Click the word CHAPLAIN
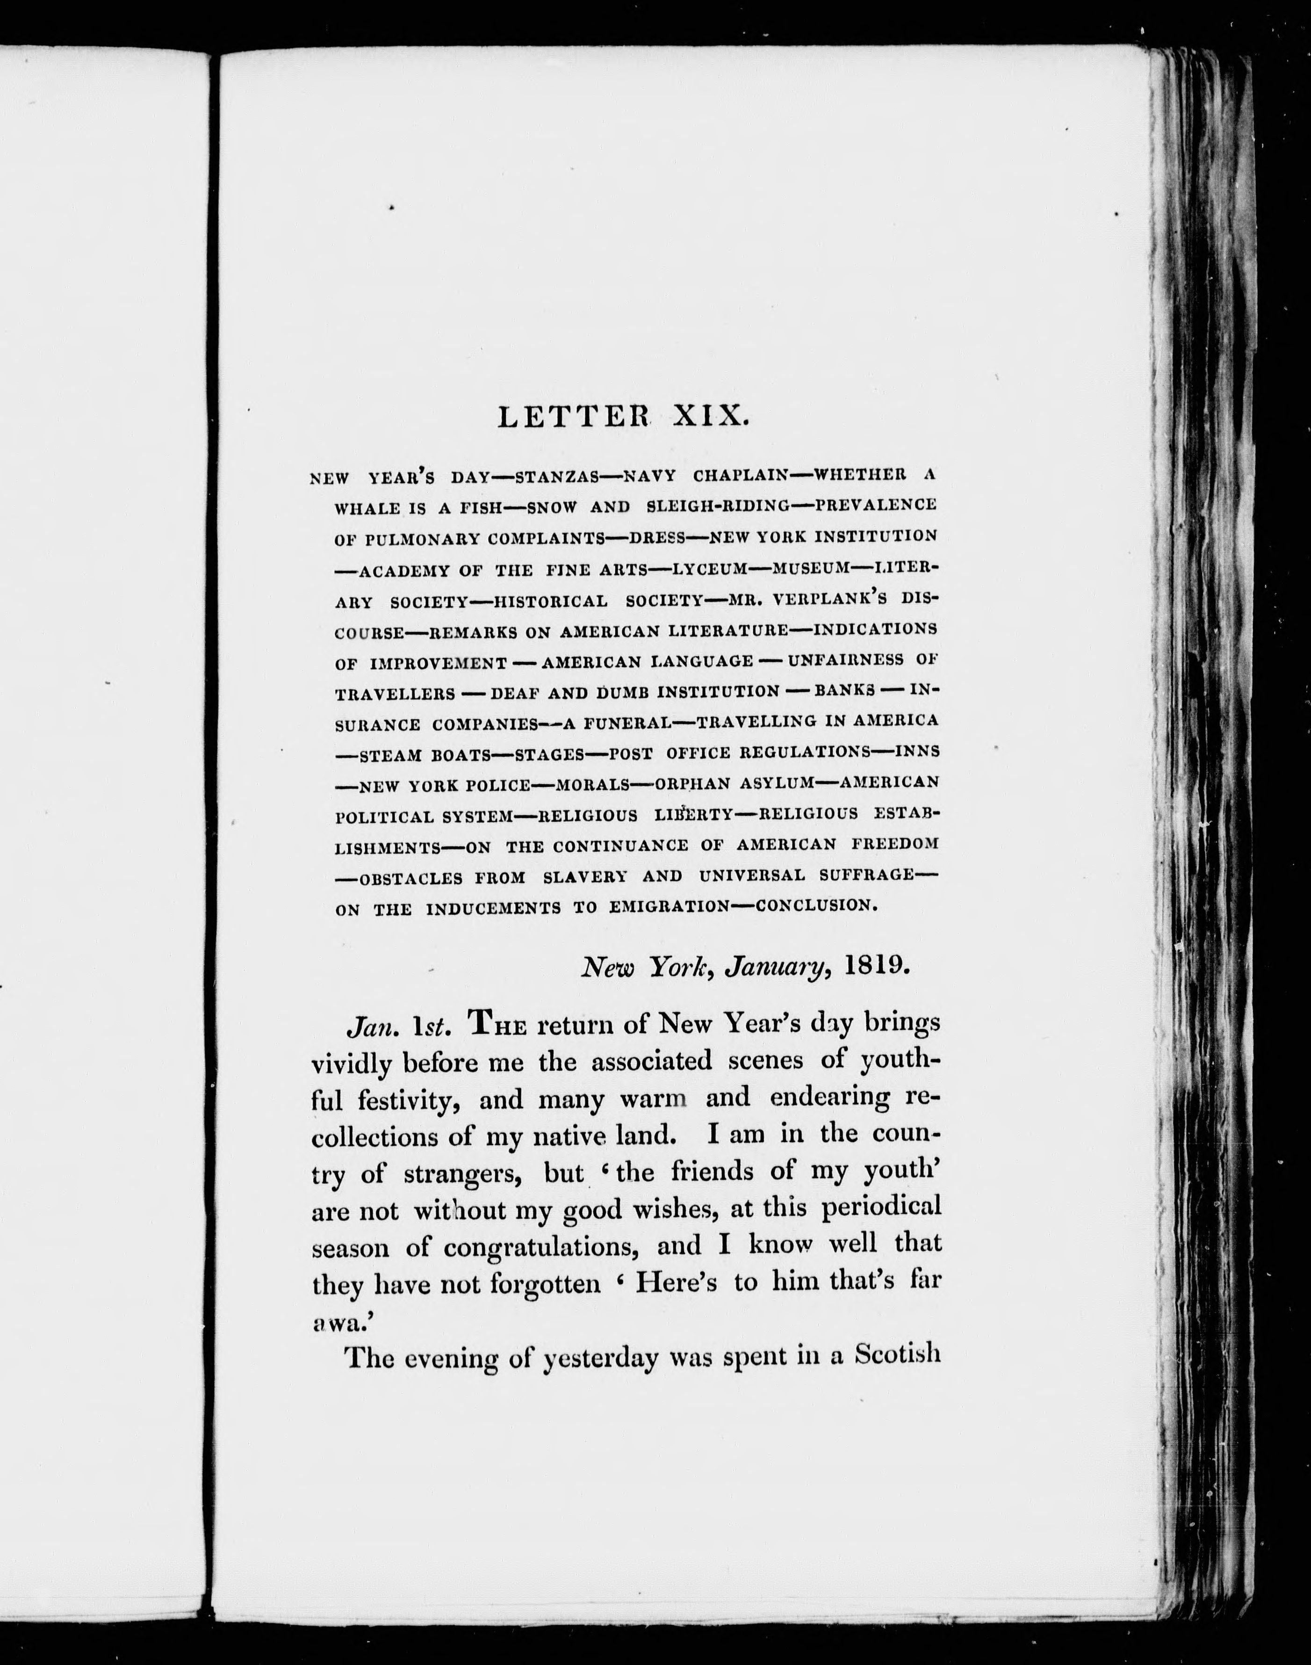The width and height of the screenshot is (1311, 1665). pyautogui.click(x=741, y=475)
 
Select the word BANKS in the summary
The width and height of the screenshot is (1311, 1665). pyautogui.click(x=844, y=690)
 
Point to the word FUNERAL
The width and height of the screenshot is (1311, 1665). pyautogui.click(x=629, y=722)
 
